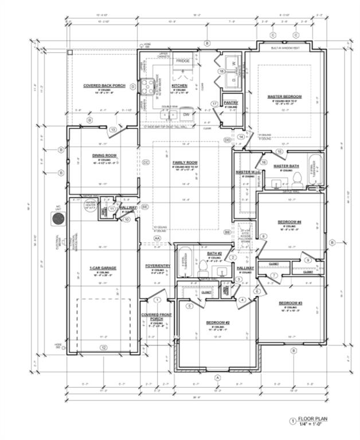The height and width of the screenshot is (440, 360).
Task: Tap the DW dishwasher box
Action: pos(186,115)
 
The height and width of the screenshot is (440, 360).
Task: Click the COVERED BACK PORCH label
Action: pos(100,86)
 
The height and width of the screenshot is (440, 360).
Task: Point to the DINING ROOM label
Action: pos(104,155)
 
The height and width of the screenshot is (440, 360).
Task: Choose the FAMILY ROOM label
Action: pos(185,163)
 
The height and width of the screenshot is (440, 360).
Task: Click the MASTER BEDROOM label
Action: pos(284,96)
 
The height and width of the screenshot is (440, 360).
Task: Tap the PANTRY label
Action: pos(231,103)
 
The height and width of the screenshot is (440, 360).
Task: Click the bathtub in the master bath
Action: pos(316,170)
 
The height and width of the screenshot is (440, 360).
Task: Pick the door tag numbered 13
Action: pos(113,131)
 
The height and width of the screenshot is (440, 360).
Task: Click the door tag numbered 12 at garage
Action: pos(103,347)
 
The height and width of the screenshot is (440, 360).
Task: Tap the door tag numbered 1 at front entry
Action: pos(156,298)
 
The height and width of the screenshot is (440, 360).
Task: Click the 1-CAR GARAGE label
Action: pos(103,268)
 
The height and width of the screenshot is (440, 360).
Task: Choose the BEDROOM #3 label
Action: pos(291,302)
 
